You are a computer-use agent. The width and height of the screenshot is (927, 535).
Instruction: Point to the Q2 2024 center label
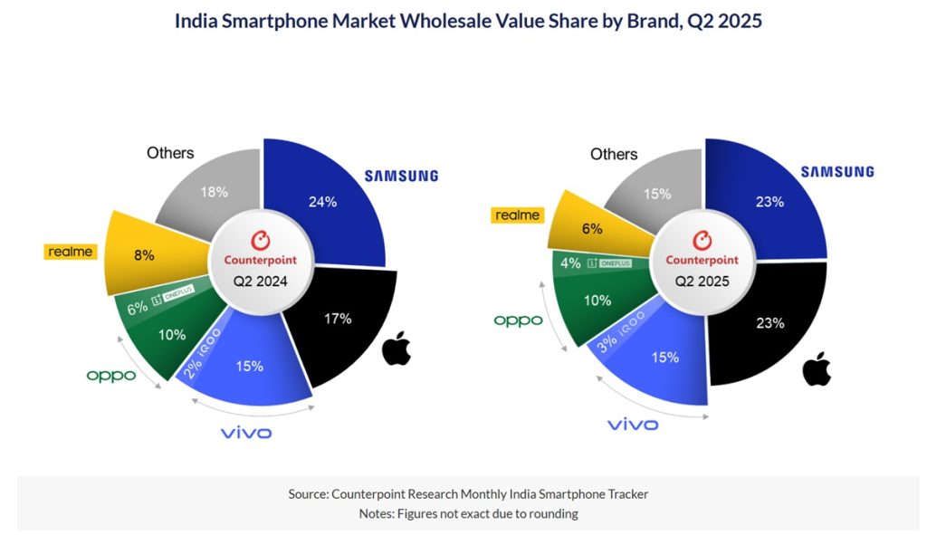tap(261, 281)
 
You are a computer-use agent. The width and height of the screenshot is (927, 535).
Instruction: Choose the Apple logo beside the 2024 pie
tap(397, 349)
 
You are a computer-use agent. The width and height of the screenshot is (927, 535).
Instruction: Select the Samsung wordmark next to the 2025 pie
tap(836, 172)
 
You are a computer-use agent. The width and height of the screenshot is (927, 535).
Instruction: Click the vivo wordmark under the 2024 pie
tap(246, 433)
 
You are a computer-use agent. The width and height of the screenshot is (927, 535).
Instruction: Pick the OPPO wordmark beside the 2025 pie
tap(518, 320)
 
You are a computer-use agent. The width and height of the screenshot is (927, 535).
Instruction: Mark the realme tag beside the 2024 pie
tap(69, 251)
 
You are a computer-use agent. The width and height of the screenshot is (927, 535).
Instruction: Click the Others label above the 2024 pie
tap(170, 153)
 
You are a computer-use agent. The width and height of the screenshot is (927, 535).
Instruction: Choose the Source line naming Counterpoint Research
tap(468, 494)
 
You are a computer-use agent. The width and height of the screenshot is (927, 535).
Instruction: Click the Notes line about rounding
tap(468, 513)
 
